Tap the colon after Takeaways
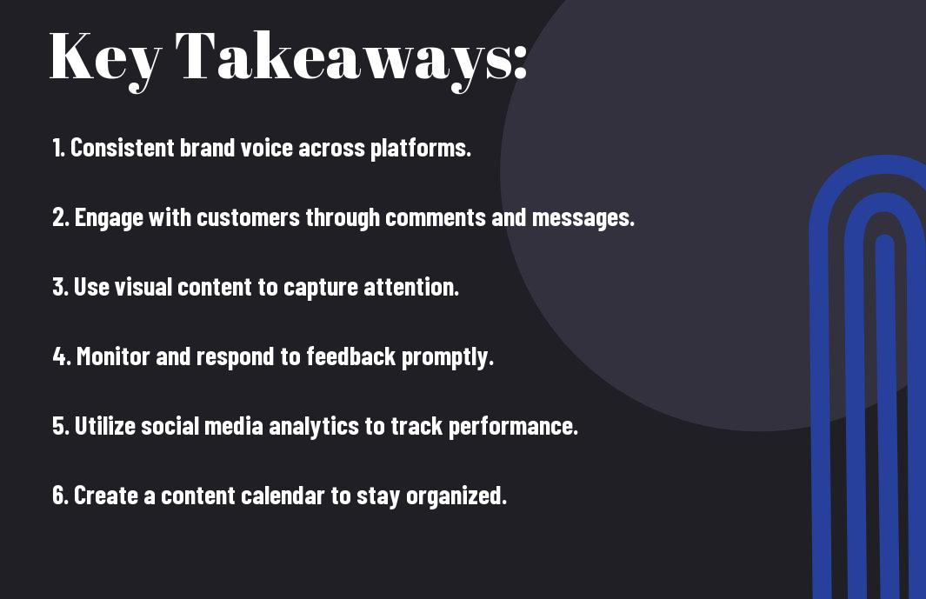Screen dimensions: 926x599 pyautogui.click(x=520, y=62)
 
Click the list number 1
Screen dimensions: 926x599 pyautogui.click(x=57, y=148)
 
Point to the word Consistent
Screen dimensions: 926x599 pyautogui.click(x=123, y=148)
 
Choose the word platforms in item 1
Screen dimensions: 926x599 pyautogui.click(x=421, y=149)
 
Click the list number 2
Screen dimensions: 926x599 pyautogui.click(x=60, y=217)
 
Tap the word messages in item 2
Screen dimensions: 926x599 pyautogui.click(x=583, y=218)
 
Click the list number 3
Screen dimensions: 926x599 pyautogui.click(x=60, y=287)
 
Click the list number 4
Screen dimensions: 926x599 pyautogui.click(x=62, y=356)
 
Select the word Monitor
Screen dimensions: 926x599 pyautogui.click(x=113, y=356)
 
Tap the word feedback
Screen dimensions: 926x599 pyautogui.click(x=350, y=356)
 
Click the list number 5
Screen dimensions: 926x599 pyautogui.click(x=61, y=426)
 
